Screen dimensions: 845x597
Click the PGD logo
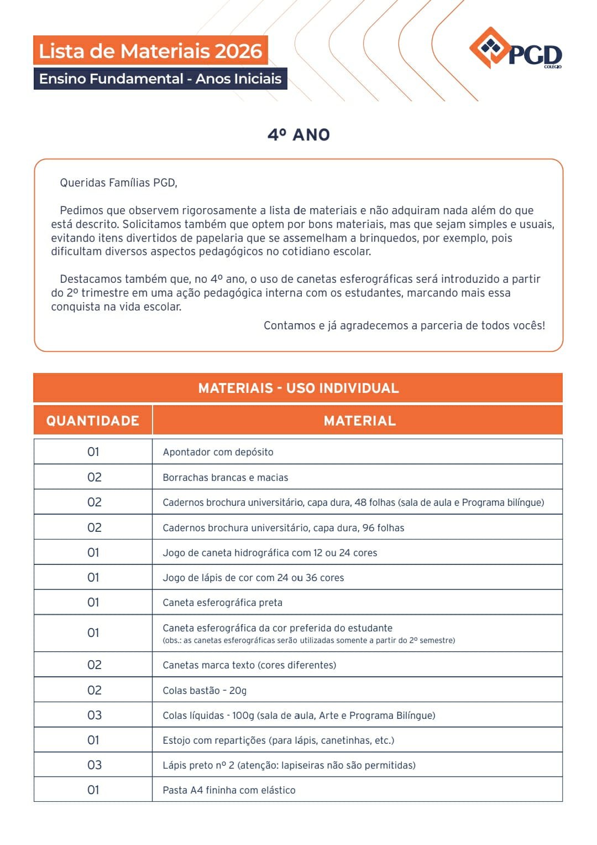click(x=515, y=50)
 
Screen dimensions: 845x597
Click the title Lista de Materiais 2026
click(x=150, y=51)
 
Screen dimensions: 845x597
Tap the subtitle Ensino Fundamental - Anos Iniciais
click(x=160, y=79)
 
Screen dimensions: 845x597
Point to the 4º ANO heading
click(x=298, y=134)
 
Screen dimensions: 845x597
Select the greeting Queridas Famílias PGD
click(x=118, y=183)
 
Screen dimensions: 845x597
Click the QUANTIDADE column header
click(x=93, y=421)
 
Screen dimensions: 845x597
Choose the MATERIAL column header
click(x=359, y=421)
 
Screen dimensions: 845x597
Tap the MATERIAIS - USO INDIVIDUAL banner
click(x=298, y=388)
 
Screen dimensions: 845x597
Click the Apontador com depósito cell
click(x=218, y=452)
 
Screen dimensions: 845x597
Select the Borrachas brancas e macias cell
click(x=225, y=478)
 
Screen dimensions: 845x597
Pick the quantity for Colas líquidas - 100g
click(x=94, y=715)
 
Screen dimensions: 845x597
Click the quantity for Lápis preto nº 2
click(x=94, y=765)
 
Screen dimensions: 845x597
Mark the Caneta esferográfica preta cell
click(x=222, y=603)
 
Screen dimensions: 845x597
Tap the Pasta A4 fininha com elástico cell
click(x=229, y=790)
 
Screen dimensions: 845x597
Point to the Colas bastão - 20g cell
click(x=205, y=691)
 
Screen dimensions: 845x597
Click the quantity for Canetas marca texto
click(x=94, y=665)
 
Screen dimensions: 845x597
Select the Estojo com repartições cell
click(x=278, y=740)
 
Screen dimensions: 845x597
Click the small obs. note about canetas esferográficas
click(x=308, y=641)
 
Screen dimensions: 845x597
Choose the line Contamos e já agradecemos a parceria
click(x=404, y=325)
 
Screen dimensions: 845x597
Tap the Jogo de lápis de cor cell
click(x=253, y=578)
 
